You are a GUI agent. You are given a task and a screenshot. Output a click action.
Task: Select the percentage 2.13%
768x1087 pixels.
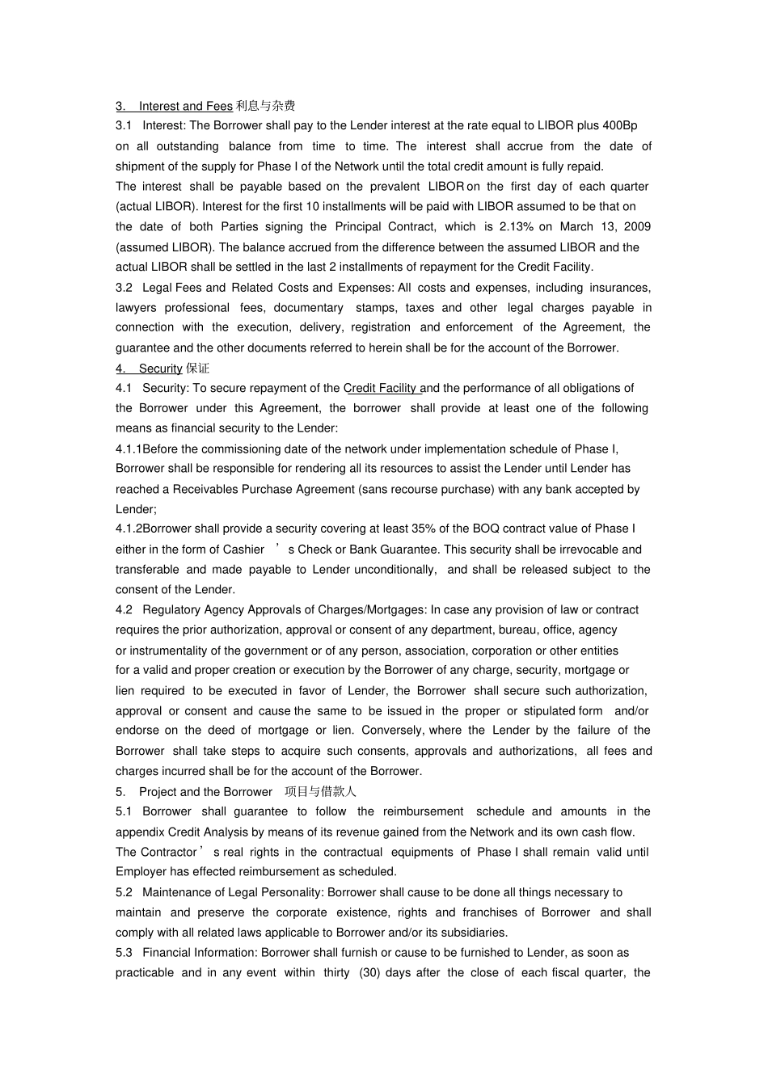pos(516,226)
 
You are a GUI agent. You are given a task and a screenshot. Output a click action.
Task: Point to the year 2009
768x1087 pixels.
pos(637,226)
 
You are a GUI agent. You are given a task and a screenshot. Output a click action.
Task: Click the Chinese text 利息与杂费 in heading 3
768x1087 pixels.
pos(265,106)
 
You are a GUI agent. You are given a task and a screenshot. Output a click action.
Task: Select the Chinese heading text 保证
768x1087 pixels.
pos(197,369)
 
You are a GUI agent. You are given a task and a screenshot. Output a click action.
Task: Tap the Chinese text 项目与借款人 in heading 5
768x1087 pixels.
pos(321,792)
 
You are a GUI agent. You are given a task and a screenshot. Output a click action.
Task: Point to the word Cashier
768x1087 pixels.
pos(243,550)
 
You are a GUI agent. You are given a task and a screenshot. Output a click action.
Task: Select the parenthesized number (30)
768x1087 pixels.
pos(369,972)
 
